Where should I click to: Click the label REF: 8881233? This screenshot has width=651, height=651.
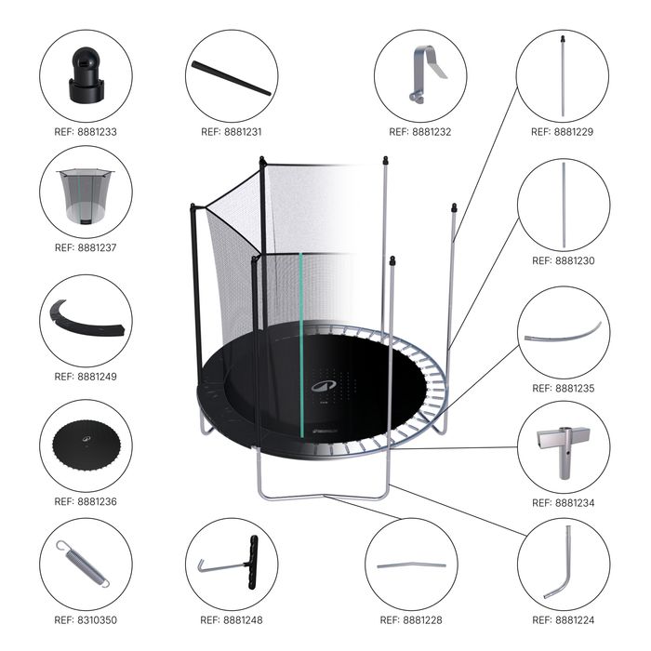click(x=86, y=132)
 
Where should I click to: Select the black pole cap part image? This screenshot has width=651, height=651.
click(x=86, y=74)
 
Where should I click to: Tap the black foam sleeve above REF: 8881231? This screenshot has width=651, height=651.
click(x=231, y=78)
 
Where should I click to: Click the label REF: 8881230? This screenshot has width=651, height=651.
click(x=564, y=260)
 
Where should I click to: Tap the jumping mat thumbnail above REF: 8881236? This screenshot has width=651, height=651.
click(x=86, y=446)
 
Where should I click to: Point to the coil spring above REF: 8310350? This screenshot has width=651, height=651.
click(x=83, y=564)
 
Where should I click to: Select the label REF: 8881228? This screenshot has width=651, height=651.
click(x=411, y=620)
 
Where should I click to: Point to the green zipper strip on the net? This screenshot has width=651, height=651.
click(x=301, y=345)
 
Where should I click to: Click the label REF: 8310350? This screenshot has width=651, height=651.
click(x=86, y=620)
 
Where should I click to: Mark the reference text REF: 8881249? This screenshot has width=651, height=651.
click(x=86, y=377)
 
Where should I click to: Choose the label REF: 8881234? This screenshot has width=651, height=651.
click(x=564, y=503)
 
